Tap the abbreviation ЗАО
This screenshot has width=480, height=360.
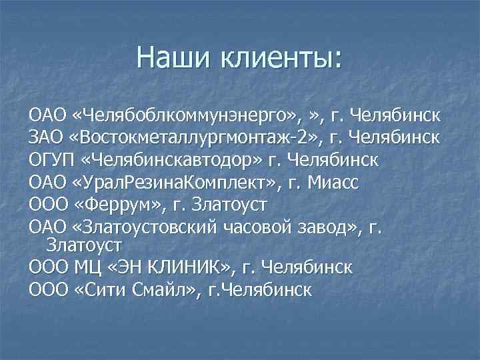pos(46,138)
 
